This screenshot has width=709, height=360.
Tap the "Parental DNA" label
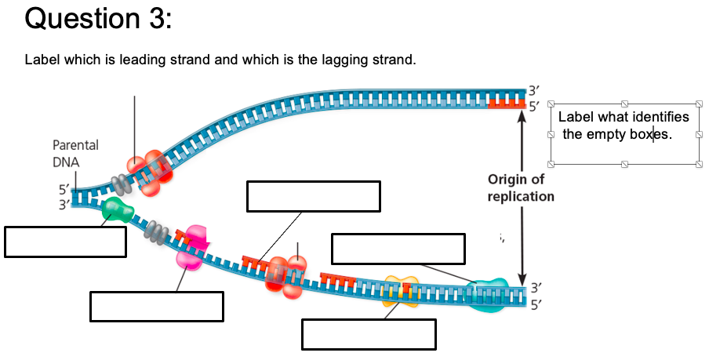coord(75,153)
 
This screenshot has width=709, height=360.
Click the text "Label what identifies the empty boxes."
coord(624,125)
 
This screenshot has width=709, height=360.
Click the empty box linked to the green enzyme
coord(65,241)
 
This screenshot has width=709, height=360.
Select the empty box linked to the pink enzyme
coord(157,306)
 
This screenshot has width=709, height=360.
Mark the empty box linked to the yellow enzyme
coord(369,333)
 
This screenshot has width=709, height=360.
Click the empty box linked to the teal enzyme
coord(398,248)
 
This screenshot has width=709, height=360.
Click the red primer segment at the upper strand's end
coord(504,103)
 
